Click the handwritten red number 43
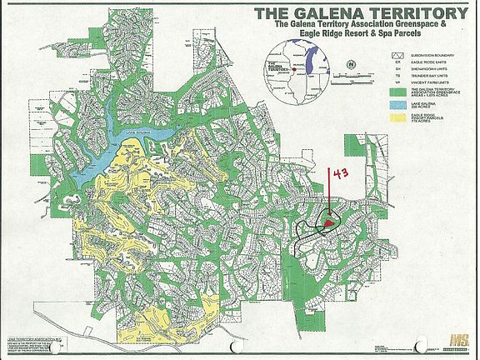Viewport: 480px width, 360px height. [x=339, y=174]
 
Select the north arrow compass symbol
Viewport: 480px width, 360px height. [x=352, y=64]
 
